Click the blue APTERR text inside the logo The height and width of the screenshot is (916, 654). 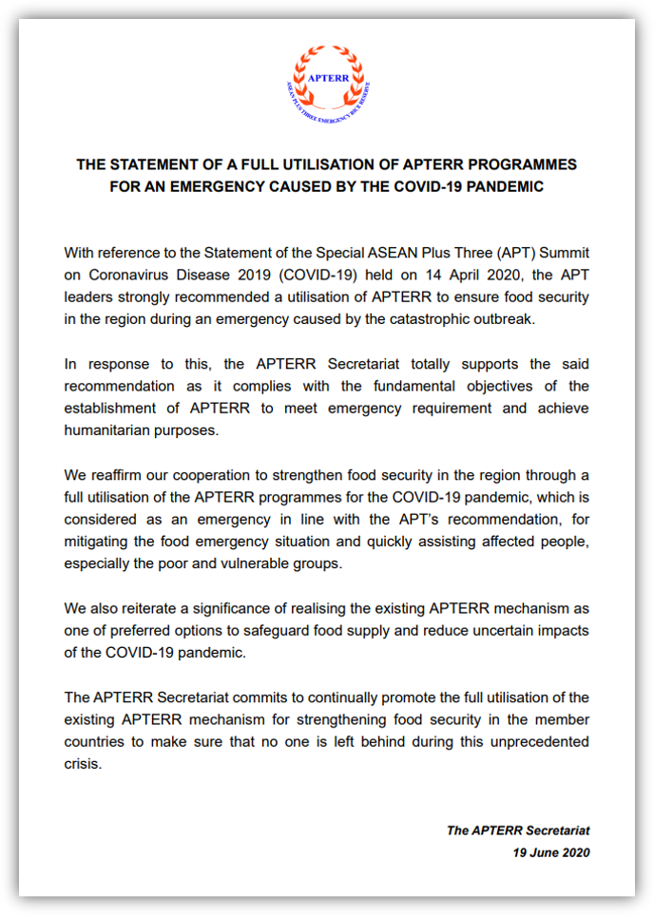(x=326, y=77)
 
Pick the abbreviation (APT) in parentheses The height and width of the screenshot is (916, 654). (x=463, y=253)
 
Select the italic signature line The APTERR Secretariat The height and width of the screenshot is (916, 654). (x=518, y=830)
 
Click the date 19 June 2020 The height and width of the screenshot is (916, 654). (x=551, y=852)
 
